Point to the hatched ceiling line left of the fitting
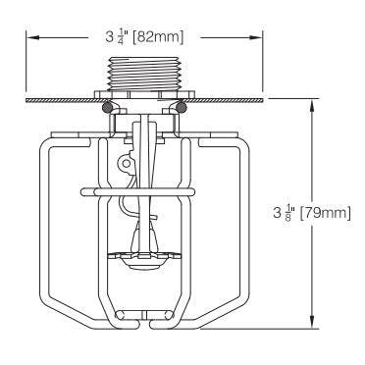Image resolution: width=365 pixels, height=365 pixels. point(59,98)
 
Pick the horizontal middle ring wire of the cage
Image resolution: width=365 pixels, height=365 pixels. point(147,186)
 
